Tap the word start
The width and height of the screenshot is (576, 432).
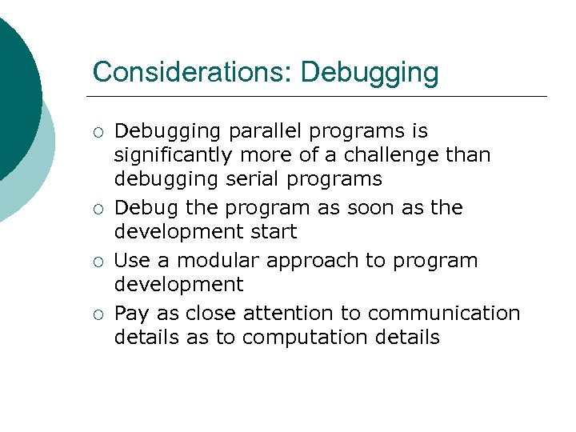(x=275, y=232)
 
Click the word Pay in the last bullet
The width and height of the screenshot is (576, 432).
(x=131, y=314)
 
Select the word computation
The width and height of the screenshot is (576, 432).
(x=305, y=337)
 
